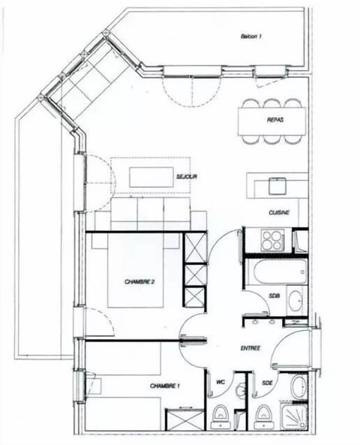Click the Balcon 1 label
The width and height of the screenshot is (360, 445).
pyautogui.click(x=251, y=36)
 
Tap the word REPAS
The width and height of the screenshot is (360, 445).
pyautogui.click(x=274, y=120)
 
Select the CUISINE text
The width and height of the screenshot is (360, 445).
pyautogui.click(x=278, y=212)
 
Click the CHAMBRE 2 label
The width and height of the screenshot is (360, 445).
pyautogui.click(x=139, y=281)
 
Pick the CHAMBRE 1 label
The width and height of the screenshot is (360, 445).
pyautogui.click(x=165, y=386)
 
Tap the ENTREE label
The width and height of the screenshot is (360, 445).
pyautogui.click(x=250, y=348)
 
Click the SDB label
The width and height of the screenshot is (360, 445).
pyautogui.click(x=274, y=296)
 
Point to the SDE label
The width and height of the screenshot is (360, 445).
pyautogui.click(x=268, y=383)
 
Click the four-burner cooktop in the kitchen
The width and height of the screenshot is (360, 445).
pyautogui.click(x=271, y=240)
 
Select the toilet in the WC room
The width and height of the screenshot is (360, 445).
pyautogui.click(x=221, y=414)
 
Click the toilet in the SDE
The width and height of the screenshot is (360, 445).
pyautogui.click(x=263, y=414)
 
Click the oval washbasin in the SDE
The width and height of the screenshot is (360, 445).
pyautogui.click(x=297, y=386)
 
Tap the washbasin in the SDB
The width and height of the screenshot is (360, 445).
pyautogui.click(x=295, y=300)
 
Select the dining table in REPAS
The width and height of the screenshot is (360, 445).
pyautogui.click(x=271, y=120)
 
